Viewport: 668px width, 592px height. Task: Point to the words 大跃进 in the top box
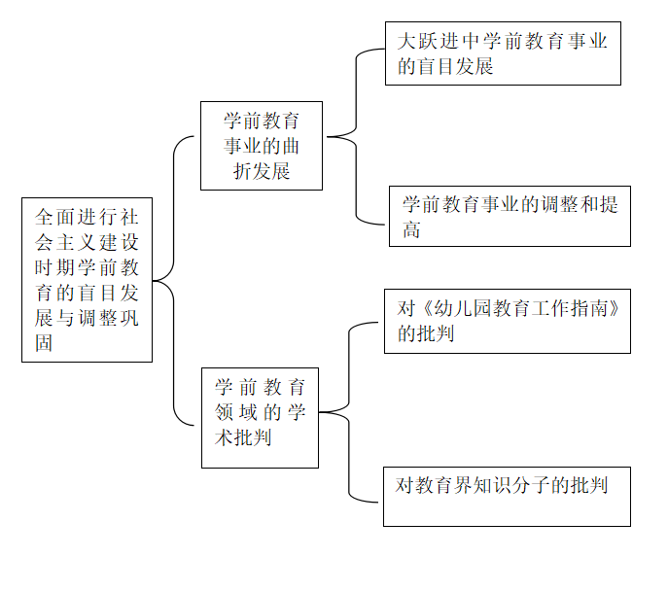coord(429,41)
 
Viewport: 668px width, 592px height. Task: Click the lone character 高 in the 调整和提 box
coord(411,229)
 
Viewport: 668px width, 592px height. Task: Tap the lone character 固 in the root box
coord(44,343)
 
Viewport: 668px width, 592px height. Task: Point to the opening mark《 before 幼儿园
coord(427,308)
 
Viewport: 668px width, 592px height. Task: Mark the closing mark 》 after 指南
coord(614,308)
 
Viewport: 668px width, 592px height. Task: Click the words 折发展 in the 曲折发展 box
coord(262,171)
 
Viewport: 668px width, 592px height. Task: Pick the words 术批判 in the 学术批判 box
coord(243,437)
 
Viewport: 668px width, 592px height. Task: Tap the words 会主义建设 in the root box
coord(87,242)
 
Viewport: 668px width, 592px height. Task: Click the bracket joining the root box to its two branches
coord(174,281)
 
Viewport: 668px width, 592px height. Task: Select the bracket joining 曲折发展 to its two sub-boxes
coord(356,137)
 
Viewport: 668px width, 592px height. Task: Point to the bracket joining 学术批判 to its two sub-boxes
coord(349,412)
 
